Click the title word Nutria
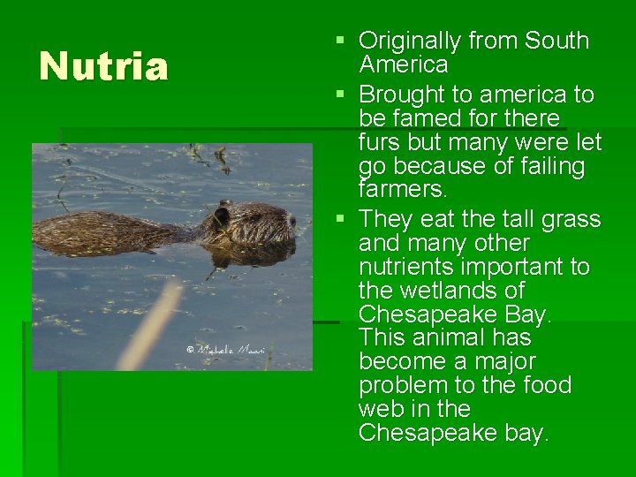(x=103, y=67)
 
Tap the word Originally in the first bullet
(x=410, y=41)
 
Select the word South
(x=556, y=41)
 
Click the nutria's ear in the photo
(x=222, y=214)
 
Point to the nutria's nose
(x=292, y=222)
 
